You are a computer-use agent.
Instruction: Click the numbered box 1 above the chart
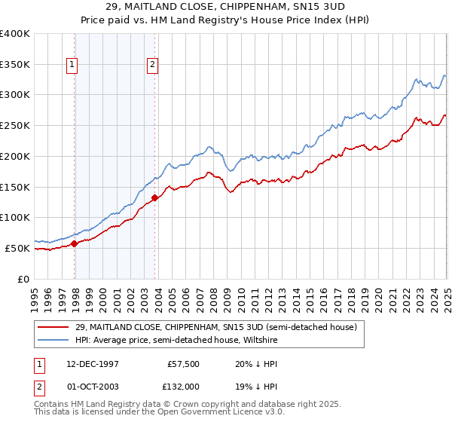pyautogui.click(x=72, y=65)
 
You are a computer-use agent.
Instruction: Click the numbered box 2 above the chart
pyautogui.click(x=152, y=65)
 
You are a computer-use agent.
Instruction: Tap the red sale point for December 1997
pyautogui.click(x=75, y=243)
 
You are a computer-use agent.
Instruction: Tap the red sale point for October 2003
pyautogui.click(x=154, y=198)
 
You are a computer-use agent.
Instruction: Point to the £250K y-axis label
pyautogui.click(x=15, y=126)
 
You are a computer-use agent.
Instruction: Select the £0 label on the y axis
pyautogui.click(x=24, y=279)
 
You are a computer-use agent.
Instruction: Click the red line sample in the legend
pyautogui.click(x=53, y=326)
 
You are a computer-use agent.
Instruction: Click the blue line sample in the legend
pyautogui.click(x=53, y=340)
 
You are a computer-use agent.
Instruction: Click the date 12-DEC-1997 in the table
pyautogui.click(x=88, y=363)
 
